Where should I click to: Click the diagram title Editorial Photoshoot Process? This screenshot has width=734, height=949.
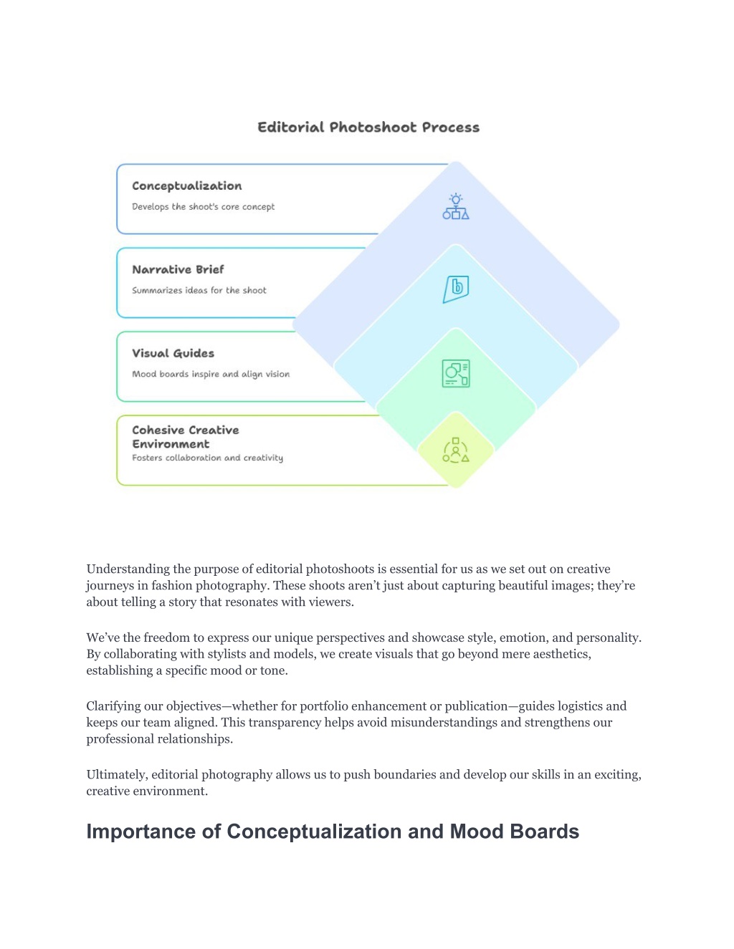point(368,127)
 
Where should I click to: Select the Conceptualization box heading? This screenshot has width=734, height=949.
point(187,186)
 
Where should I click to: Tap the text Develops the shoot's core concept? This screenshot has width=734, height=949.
point(203,206)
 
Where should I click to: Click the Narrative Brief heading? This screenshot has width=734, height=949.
point(178,269)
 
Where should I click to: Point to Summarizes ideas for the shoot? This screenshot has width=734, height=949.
point(199,290)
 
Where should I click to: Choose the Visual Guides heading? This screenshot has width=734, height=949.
point(173,353)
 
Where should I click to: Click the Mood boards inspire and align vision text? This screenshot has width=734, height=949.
point(211,374)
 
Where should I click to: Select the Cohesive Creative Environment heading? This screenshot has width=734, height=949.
point(185,437)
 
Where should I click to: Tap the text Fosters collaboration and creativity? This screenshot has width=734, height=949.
point(208,458)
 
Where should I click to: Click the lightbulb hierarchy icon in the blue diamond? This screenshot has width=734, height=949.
point(456,206)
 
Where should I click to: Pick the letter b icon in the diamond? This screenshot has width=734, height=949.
point(456,289)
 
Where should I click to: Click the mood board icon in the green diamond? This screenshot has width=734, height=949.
point(456,373)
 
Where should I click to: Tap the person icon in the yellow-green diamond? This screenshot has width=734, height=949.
point(456,451)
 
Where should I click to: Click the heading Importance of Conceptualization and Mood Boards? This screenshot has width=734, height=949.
point(333,831)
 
